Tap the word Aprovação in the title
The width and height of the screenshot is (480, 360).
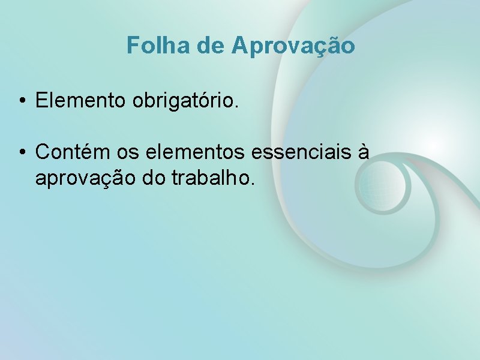pyautogui.click(x=293, y=46)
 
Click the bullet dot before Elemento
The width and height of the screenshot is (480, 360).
pyautogui.click(x=21, y=101)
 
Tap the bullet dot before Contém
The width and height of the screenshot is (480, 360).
pyautogui.click(x=21, y=152)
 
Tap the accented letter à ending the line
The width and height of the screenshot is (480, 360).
pyautogui.click(x=362, y=152)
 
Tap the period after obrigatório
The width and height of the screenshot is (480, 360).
pyautogui.click(x=237, y=106)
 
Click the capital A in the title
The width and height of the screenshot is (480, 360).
pyautogui.click(x=239, y=46)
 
